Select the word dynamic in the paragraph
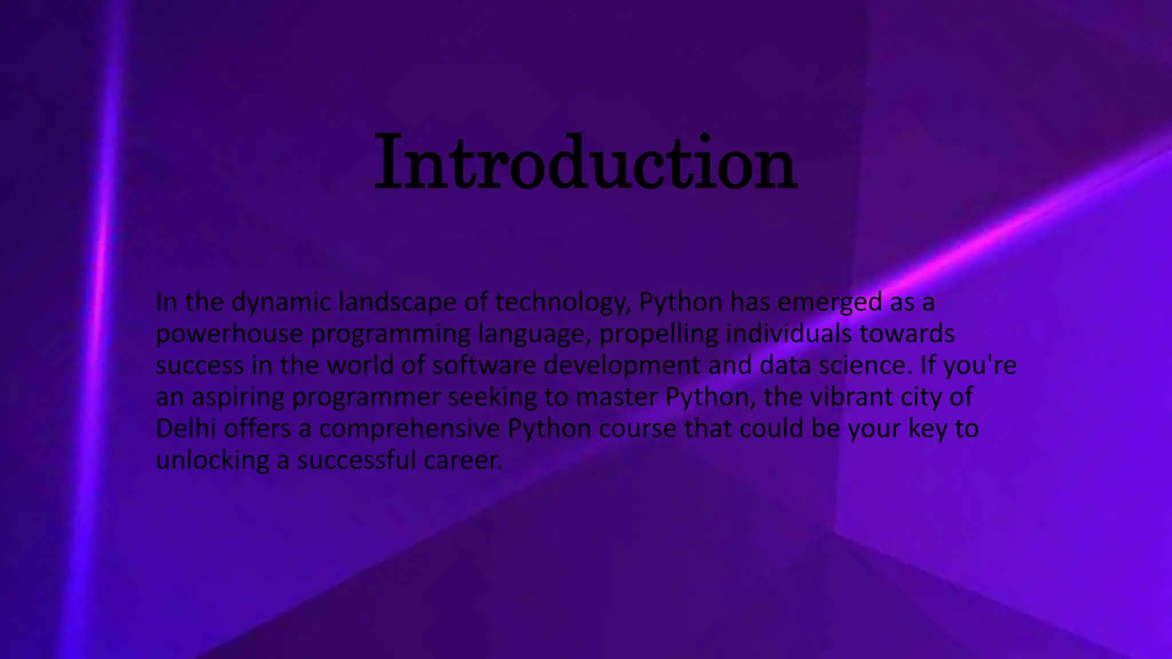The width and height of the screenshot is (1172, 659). click(281, 303)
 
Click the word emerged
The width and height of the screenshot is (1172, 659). click(830, 303)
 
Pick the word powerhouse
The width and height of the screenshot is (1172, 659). click(229, 334)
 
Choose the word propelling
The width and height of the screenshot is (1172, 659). click(658, 334)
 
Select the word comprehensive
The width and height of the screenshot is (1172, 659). click(409, 428)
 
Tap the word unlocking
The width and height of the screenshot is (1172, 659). click(212, 460)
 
